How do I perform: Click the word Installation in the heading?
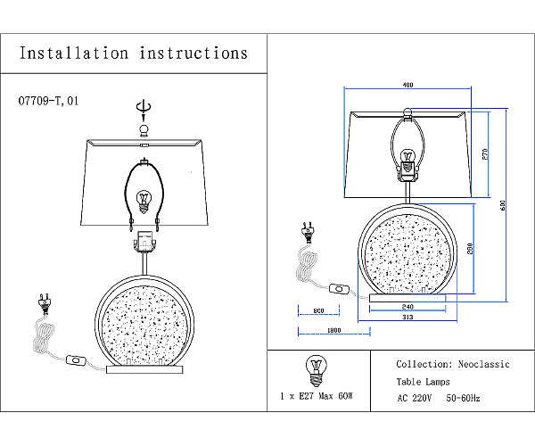pyautogui.click(x=74, y=54)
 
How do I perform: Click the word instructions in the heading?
pyautogui.click(x=193, y=54)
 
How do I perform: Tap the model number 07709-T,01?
pyautogui.click(x=48, y=101)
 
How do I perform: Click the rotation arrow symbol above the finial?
pyautogui.click(x=144, y=107)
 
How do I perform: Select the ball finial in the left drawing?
pyautogui.click(x=144, y=131)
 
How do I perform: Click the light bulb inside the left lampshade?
pyautogui.click(x=144, y=202)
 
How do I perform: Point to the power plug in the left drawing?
pyautogui.click(x=45, y=303)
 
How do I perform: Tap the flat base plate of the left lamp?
pyautogui.click(x=144, y=369)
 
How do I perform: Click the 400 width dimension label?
pyautogui.click(x=407, y=85)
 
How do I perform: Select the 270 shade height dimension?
pyautogui.click(x=485, y=154)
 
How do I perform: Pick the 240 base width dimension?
pyautogui.click(x=407, y=307)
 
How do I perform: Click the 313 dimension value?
pyautogui.click(x=407, y=317)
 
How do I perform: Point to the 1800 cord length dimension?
pyautogui.click(x=334, y=330)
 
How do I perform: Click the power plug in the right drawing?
pyautogui.click(x=309, y=233)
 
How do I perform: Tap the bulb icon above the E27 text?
pyautogui.click(x=317, y=370)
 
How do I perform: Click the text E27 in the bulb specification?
pyautogui.click(x=306, y=396)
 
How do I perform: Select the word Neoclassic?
pyautogui.click(x=483, y=365)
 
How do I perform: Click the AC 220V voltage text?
pyautogui.click(x=415, y=398)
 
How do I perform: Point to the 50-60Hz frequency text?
pyautogui.click(x=463, y=398)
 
